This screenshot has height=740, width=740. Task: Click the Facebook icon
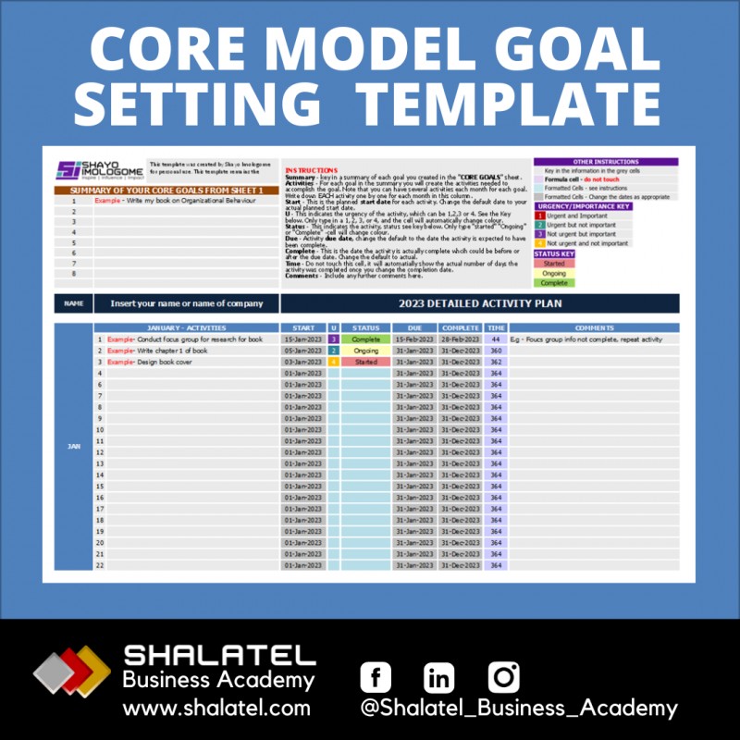pyautogui.click(x=376, y=677)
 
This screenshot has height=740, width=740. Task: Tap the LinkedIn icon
pyautogui.click(x=439, y=677)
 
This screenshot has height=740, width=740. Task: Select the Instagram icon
pyautogui.click(x=504, y=676)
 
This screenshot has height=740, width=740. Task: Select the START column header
pyautogui.click(x=303, y=327)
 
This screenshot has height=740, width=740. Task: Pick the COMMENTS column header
pyautogui.click(x=593, y=327)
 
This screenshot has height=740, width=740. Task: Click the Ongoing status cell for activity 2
pyautogui.click(x=365, y=351)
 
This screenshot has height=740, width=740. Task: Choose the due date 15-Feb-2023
pyautogui.click(x=413, y=339)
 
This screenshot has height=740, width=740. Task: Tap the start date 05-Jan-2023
pyautogui.click(x=303, y=351)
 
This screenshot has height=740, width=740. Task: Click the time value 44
pyautogui.click(x=496, y=339)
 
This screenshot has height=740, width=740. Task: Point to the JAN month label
pyautogui.click(x=73, y=446)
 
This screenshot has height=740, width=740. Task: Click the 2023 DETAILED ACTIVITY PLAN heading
pyautogui.click(x=479, y=303)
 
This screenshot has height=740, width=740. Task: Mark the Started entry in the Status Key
pyautogui.click(x=554, y=264)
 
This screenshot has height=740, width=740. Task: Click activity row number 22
pyautogui.click(x=100, y=565)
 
